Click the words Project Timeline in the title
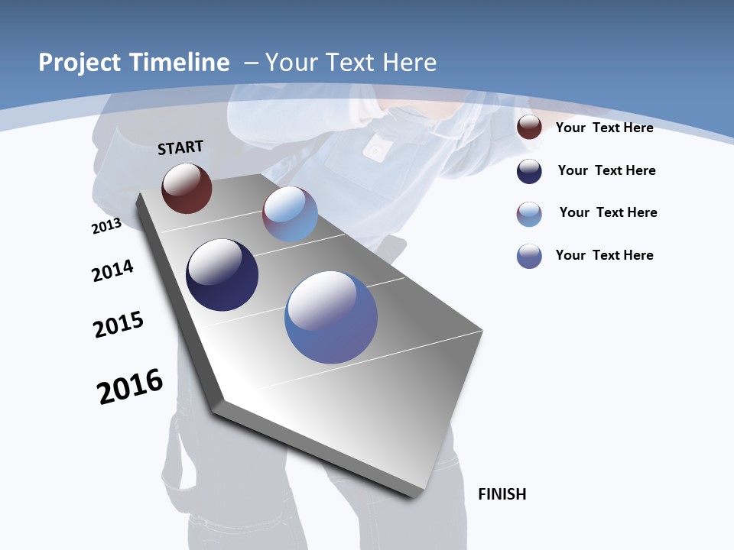pos(134,63)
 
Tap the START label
pos(180,147)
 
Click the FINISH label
pos(502,494)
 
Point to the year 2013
pos(107,226)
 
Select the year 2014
pos(112,270)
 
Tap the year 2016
pos(130,387)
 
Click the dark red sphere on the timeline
pos(187,188)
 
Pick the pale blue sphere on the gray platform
pos(290,214)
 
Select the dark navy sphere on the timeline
pos(222,275)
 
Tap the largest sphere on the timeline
pos(331,317)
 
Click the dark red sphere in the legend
pos(529,127)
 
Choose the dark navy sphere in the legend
pos(529,171)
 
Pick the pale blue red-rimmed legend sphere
pos(529,214)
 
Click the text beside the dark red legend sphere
pos(604,128)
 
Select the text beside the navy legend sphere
pos(606,170)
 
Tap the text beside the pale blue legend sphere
pos(608,212)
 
